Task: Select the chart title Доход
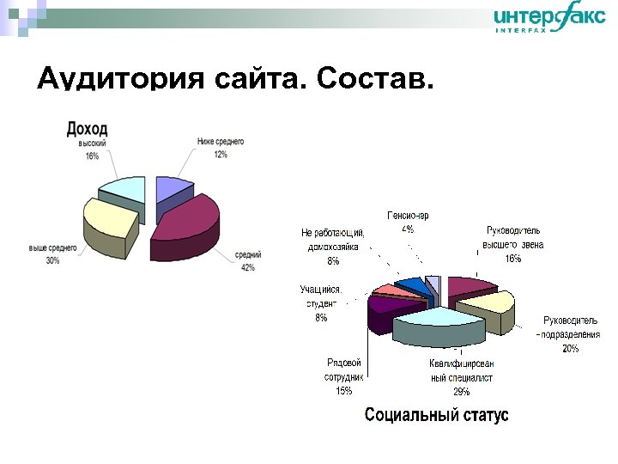coord(88,129)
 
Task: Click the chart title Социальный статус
coord(436,415)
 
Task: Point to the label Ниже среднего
coord(221,141)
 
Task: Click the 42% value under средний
coord(247,267)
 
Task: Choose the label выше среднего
coord(53,247)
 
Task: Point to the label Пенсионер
coord(408,216)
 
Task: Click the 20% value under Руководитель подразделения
coord(570,348)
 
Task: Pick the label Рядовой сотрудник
coord(344,370)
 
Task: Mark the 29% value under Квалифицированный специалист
coord(461,391)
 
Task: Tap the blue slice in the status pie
coord(414,285)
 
